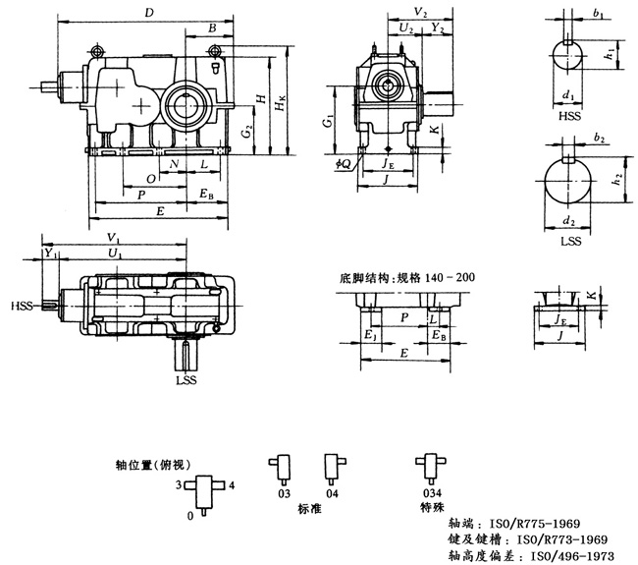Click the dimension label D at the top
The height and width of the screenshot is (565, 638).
148,13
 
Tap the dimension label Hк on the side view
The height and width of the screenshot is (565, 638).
284,103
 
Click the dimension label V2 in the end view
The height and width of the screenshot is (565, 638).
420,13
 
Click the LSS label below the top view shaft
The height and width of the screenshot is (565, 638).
186,379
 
